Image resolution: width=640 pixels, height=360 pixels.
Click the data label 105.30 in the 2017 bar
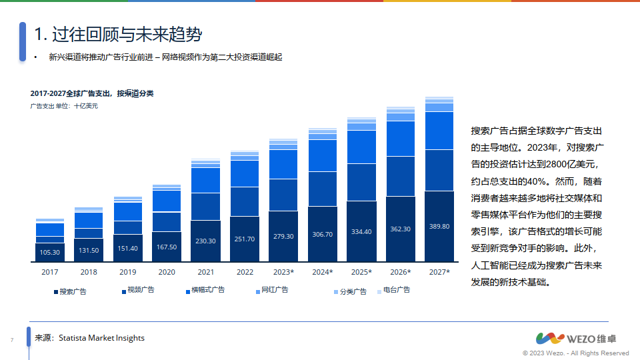(x=50, y=253)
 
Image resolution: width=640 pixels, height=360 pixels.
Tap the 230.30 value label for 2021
(x=205, y=241)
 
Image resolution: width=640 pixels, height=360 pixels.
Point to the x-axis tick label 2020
(x=167, y=272)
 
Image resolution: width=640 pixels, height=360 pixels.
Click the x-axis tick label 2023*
(x=283, y=272)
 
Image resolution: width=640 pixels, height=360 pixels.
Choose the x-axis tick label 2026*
(x=400, y=272)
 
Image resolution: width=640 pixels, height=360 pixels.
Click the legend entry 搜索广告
(x=70, y=291)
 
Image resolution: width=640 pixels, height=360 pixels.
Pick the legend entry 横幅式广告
(x=205, y=290)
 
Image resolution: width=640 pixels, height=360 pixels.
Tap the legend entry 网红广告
(x=272, y=290)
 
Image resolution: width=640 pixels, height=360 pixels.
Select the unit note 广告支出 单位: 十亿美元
(x=64, y=106)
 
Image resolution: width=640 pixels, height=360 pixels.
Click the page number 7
(x=12, y=341)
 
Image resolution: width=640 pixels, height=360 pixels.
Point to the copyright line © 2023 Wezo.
(x=575, y=353)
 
